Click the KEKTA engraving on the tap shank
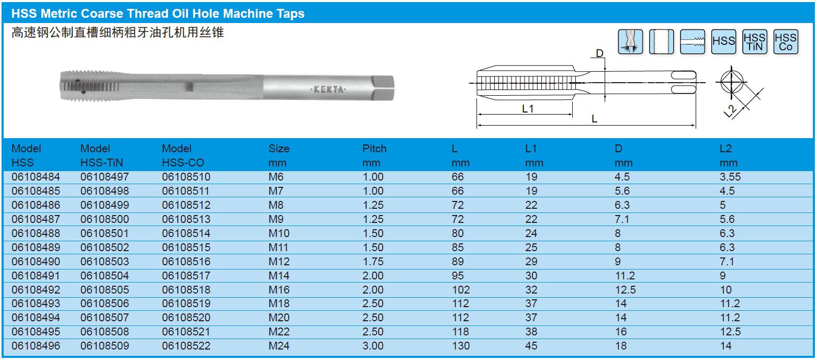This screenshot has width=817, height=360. [328, 89]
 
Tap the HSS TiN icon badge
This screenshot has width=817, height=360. [754, 42]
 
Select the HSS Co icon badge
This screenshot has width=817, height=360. [786, 42]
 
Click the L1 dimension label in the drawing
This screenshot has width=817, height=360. [528, 108]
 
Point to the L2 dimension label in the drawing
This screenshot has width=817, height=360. [730, 111]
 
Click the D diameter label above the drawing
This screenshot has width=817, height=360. [599, 53]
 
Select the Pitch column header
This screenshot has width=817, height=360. [374, 155]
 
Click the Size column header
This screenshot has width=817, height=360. [279, 155]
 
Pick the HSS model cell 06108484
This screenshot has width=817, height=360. [36, 177]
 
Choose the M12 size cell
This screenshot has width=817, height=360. [279, 262]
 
